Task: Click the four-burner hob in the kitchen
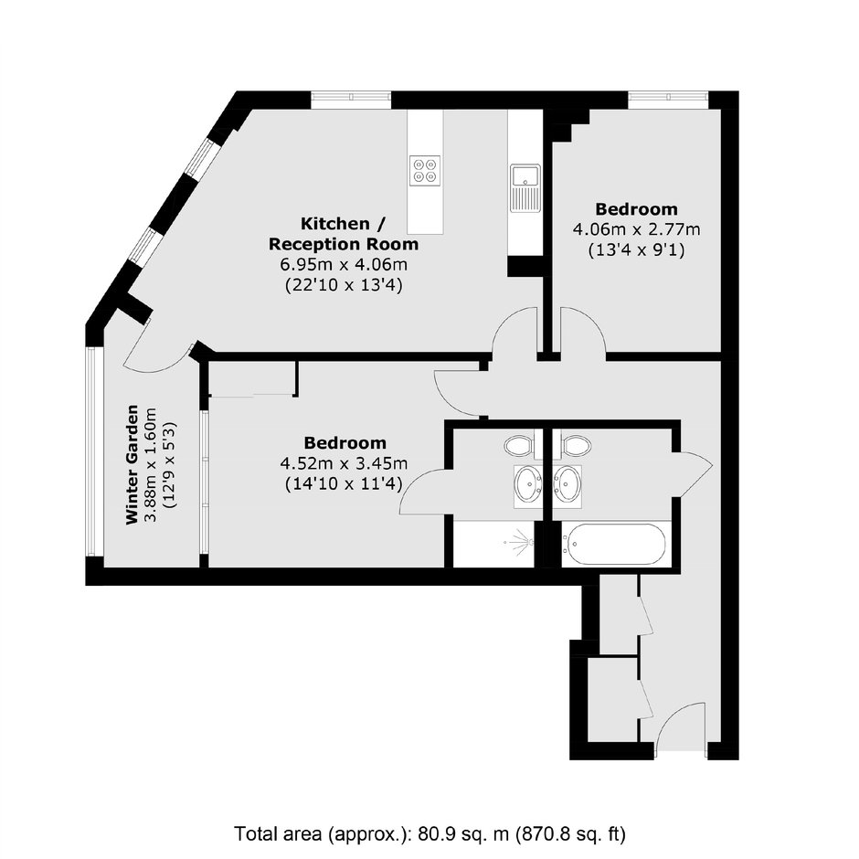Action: (425, 170)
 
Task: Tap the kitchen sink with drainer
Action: (525, 188)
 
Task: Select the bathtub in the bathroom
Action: (613, 545)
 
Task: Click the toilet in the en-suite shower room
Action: (519, 445)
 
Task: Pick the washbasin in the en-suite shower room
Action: (529, 484)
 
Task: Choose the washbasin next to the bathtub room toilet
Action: (568, 484)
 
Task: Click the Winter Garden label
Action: (132, 464)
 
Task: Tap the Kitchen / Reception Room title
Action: (344, 233)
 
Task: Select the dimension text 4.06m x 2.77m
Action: (636, 229)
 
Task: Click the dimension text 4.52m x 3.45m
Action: (344, 463)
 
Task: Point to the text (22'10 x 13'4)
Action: (344, 285)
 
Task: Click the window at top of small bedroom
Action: (668, 97)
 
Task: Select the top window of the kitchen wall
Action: (351, 97)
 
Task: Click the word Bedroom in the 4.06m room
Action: (637, 208)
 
